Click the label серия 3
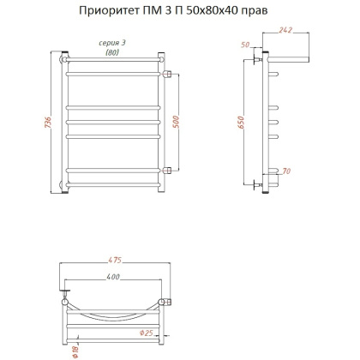[111, 44]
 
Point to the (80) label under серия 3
[111, 53]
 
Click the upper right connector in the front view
[167, 72]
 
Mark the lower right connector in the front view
[167, 168]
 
